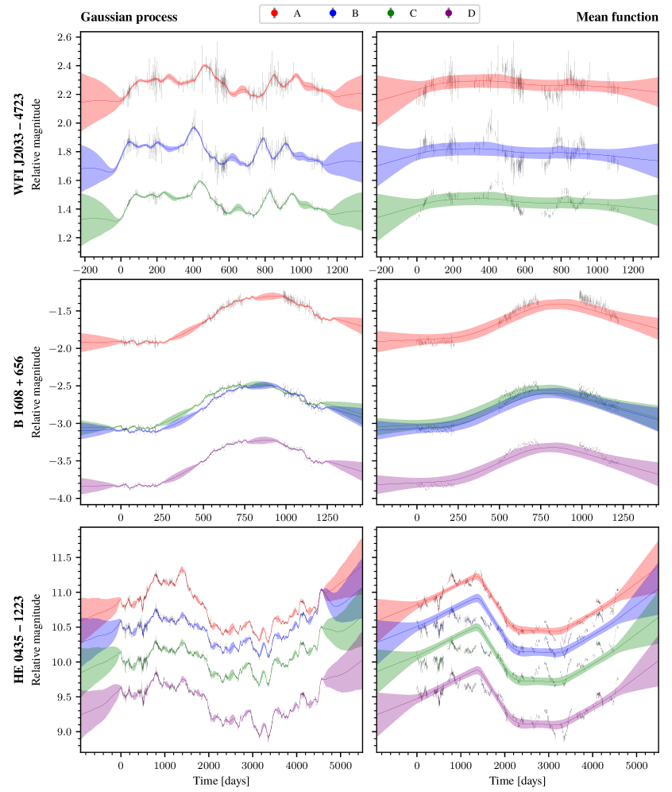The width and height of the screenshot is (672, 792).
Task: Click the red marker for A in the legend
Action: point(274,13)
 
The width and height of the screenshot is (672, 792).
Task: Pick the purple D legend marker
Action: point(449,13)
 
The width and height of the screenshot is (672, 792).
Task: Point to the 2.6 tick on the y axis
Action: point(64,37)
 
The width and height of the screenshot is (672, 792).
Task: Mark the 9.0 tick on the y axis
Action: point(64,732)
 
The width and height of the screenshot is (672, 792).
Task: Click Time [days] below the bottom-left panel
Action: point(222,782)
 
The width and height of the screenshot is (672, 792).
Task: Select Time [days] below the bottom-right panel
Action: point(517,782)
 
